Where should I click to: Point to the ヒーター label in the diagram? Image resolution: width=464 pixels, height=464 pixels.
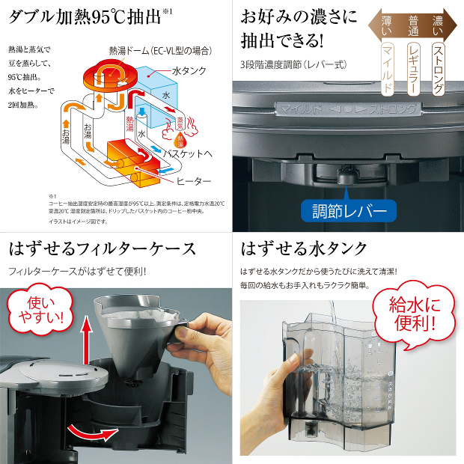tap(193, 182)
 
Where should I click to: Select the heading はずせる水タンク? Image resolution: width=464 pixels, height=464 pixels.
tap(304, 248)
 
